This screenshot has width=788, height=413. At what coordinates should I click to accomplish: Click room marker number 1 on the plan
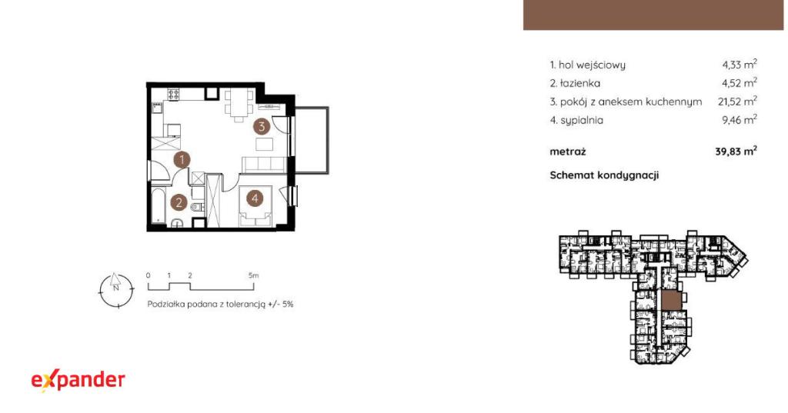(182, 160)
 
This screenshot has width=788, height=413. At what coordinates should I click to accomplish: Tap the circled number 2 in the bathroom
(179, 203)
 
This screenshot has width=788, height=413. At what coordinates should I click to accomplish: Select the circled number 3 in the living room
(262, 127)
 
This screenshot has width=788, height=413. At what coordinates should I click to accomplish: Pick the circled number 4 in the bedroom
(255, 198)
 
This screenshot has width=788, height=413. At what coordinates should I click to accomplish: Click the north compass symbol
(117, 290)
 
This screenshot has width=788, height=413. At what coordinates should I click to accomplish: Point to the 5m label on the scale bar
(253, 275)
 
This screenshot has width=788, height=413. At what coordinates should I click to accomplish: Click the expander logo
(78, 381)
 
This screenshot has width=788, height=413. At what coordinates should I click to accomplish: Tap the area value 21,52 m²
(737, 101)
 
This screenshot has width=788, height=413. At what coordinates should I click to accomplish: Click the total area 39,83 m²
(736, 152)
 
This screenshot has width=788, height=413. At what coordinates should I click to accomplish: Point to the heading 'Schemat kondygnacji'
(604, 175)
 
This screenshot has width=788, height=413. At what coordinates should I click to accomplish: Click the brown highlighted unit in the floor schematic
(671, 301)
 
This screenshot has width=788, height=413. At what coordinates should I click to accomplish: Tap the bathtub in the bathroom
(159, 205)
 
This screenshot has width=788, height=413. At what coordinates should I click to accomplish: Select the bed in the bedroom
(255, 206)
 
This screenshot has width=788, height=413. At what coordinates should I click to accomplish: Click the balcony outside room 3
(311, 140)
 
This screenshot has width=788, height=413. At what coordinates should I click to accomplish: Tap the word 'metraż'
(568, 152)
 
